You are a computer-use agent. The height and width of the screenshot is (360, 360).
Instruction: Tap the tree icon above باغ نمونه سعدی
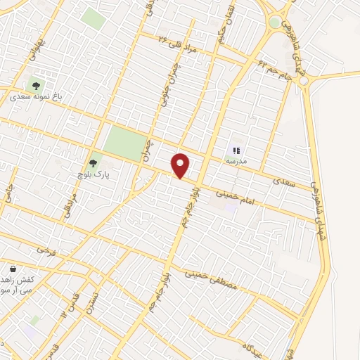tap(37, 86)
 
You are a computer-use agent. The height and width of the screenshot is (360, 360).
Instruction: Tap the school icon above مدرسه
tap(236, 149)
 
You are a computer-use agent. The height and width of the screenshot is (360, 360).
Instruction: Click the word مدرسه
tap(236, 161)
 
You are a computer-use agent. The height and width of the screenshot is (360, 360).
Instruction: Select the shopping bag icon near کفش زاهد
tap(13, 269)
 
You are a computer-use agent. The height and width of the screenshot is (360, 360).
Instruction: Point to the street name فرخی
tap(46, 250)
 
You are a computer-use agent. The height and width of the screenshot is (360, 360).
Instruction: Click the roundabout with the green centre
tap(274, 22)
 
